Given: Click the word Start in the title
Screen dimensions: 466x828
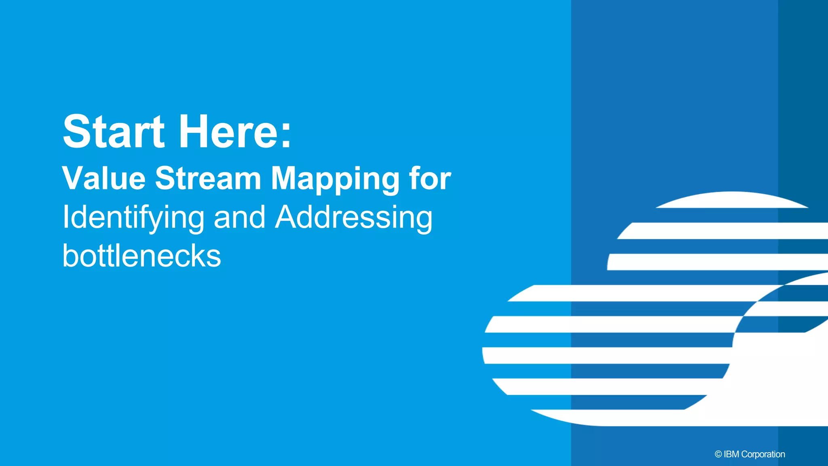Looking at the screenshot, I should click(x=114, y=131).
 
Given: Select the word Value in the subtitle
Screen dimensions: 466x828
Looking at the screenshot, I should click(x=104, y=178).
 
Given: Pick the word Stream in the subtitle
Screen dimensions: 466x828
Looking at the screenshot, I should click(x=208, y=178).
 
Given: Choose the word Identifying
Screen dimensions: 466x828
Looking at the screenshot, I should click(x=133, y=218).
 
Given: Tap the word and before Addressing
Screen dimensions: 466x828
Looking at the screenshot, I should click(x=239, y=218).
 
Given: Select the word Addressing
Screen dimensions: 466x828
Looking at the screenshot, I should click(x=354, y=218).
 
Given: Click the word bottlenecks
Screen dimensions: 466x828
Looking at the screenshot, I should click(x=142, y=256).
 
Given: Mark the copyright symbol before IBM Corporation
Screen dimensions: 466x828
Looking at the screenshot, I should click(x=718, y=454).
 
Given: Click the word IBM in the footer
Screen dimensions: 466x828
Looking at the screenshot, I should click(x=731, y=454).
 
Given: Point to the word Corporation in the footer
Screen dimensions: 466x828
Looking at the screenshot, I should click(x=763, y=454).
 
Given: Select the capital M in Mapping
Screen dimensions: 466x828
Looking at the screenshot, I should click(x=285, y=178).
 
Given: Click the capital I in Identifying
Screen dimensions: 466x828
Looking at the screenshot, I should click(x=65, y=218).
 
